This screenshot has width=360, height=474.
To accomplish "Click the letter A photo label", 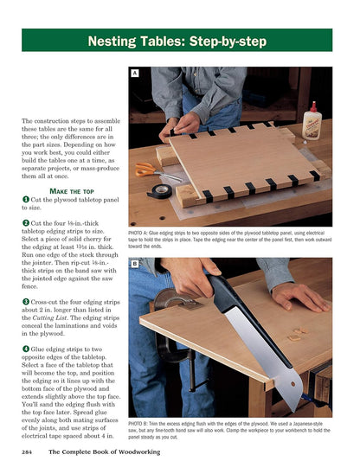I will coord(134,74).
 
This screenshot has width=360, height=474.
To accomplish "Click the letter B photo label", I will coord(134,263).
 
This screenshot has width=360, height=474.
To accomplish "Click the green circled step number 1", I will coord(26,200).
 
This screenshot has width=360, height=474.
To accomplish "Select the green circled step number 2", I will coord(26,223).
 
